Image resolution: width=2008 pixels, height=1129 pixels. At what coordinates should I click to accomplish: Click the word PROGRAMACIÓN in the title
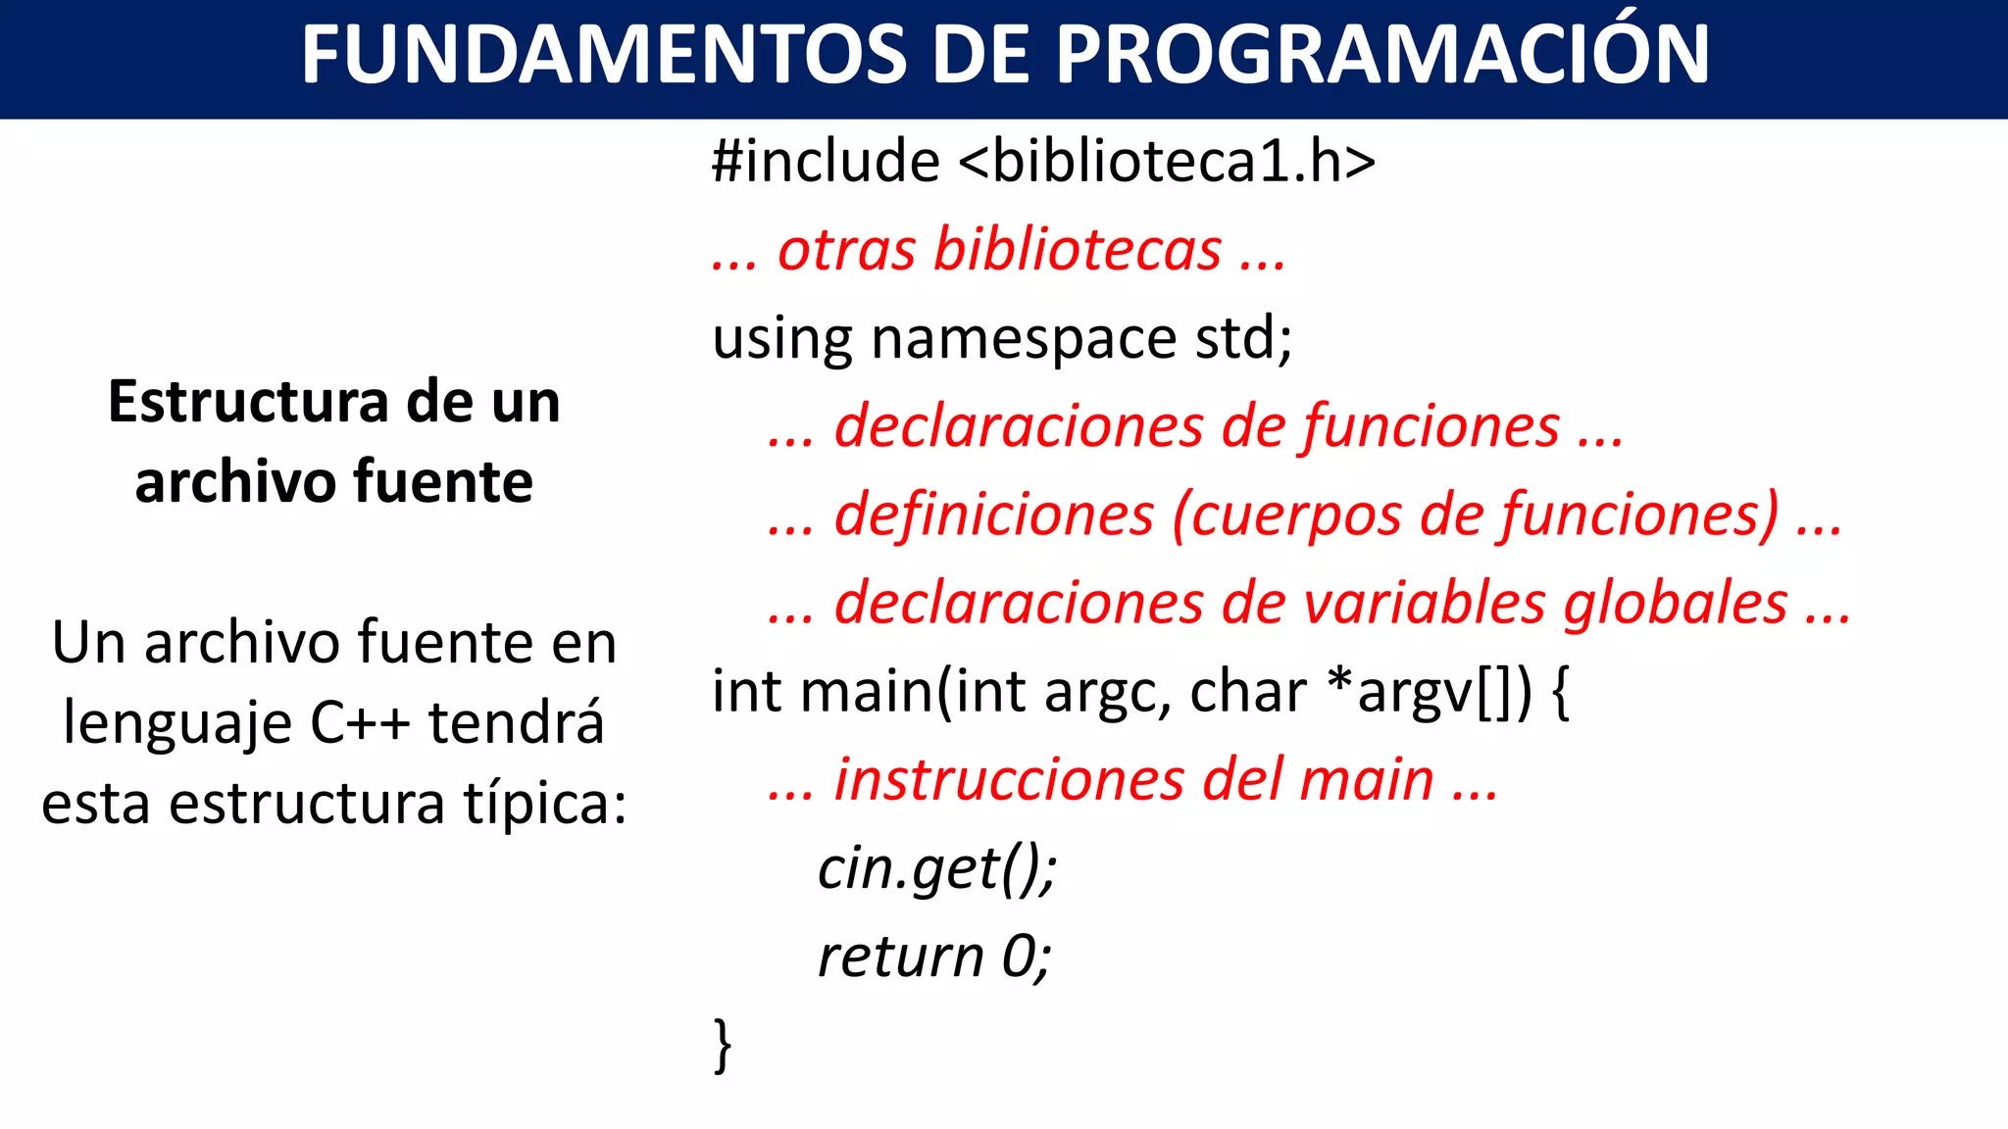[1382, 55]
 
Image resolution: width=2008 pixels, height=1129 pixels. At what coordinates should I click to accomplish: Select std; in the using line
[1243, 337]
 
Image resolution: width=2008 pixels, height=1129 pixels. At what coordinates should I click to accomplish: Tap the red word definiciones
[994, 515]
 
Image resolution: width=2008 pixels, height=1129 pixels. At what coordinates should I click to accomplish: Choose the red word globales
[1676, 603]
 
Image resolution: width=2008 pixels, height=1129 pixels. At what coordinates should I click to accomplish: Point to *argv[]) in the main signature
[1428, 691]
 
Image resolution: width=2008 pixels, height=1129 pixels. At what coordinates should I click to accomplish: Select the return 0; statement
[934, 957]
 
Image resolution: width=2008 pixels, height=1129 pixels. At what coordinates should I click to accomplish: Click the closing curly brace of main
[723, 1046]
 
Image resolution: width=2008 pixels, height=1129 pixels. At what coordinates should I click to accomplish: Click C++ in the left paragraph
[360, 724]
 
